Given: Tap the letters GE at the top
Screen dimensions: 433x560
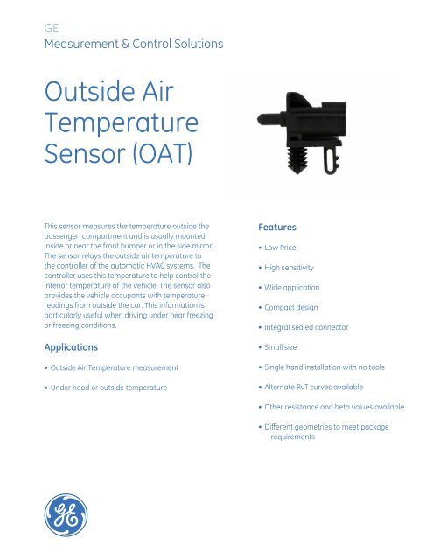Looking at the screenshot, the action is pos(51,27).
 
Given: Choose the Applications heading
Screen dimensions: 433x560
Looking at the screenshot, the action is pos(78,347).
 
